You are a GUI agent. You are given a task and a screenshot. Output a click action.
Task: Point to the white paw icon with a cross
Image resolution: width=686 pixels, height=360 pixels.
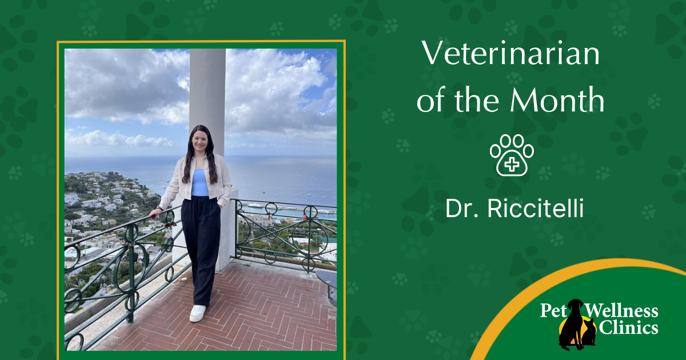click(x=512, y=155)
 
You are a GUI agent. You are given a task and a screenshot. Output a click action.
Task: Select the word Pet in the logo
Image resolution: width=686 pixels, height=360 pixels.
click(x=552, y=311)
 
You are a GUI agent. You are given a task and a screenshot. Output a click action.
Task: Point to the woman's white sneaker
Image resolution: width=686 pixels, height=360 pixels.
click(x=198, y=313)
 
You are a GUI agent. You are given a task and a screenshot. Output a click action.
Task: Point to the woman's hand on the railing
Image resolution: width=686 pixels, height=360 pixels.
click(x=155, y=214)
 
